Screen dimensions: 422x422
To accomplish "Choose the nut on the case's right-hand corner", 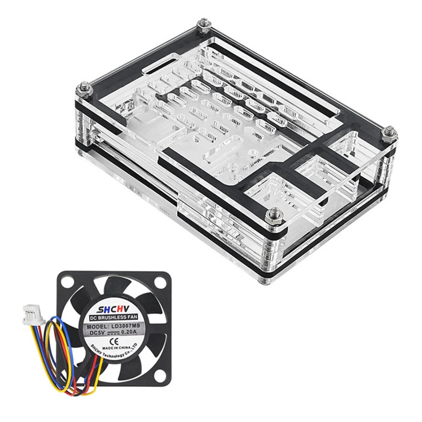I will [x=389, y=133].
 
